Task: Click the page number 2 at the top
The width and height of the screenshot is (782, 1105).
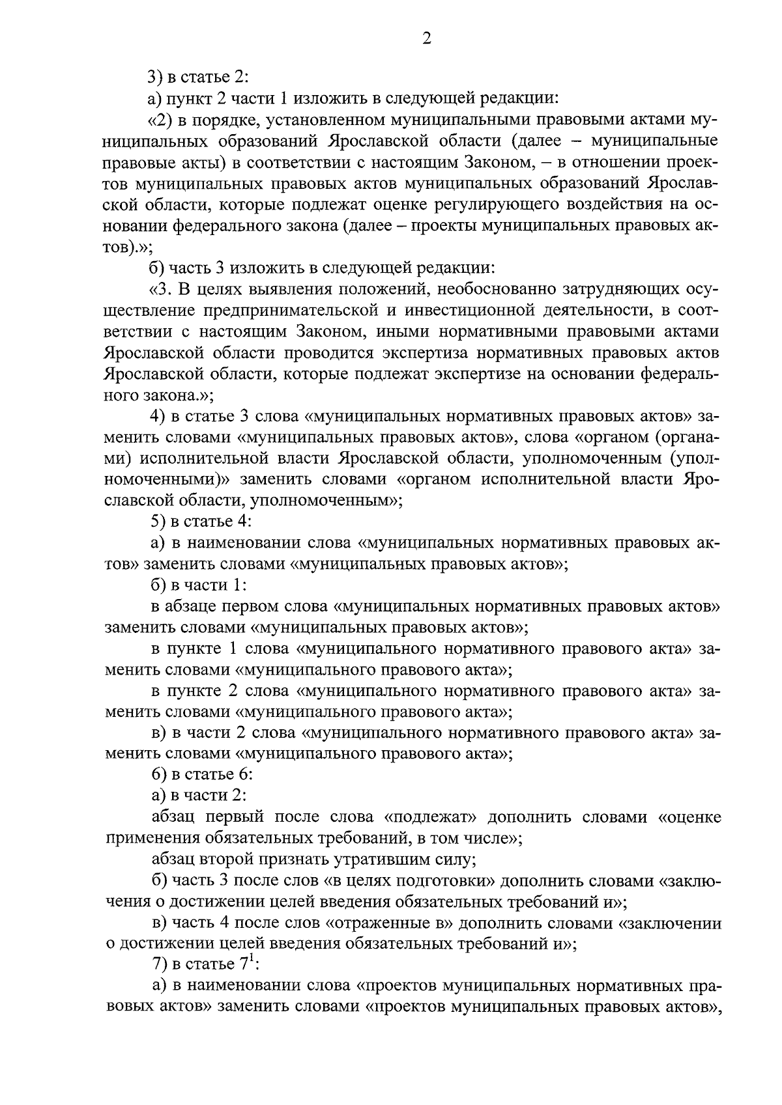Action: click(x=426, y=38)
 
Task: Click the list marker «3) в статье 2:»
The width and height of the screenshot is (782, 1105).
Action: click(x=156, y=77)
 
